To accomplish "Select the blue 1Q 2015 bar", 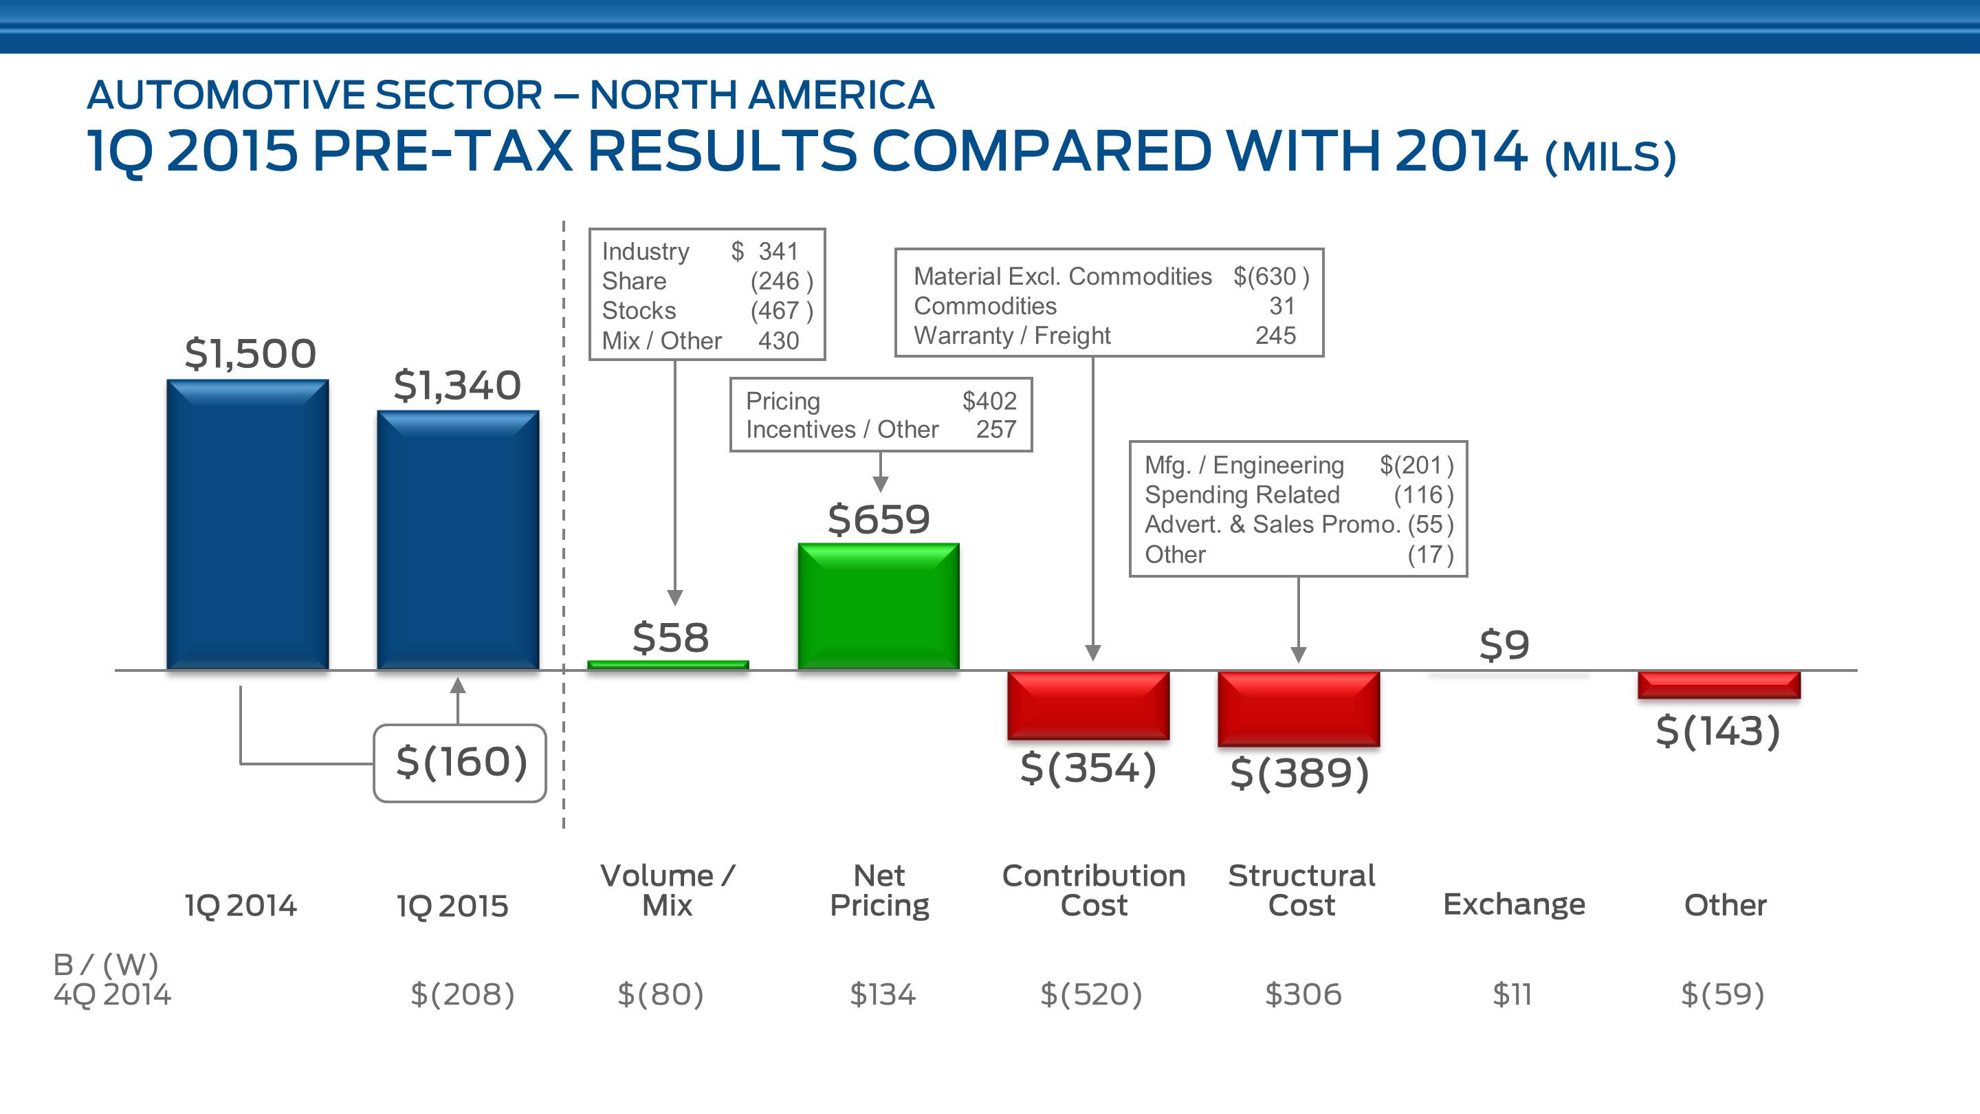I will (457, 540).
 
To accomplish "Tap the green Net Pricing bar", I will (879, 606).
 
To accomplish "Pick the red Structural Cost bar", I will (1298, 708).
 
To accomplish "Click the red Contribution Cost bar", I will (1088, 705).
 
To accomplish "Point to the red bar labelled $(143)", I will (1719, 684).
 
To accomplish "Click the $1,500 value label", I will (250, 353).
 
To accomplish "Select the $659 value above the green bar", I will (879, 519).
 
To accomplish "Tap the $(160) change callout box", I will (461, 763).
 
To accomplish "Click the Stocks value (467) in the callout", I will (781, 311).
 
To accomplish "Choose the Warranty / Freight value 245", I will (1275, 335).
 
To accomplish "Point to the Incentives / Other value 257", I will (996, 429).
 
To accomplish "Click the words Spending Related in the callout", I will (1242, 494).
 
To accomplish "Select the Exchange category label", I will (1514, 904).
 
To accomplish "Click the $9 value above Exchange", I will (1504, 644).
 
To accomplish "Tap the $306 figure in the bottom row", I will (1303, 994).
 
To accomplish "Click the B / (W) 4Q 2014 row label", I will (111, 979).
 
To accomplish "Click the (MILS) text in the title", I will (1610, 157).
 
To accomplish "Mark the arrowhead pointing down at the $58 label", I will (675, 598).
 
